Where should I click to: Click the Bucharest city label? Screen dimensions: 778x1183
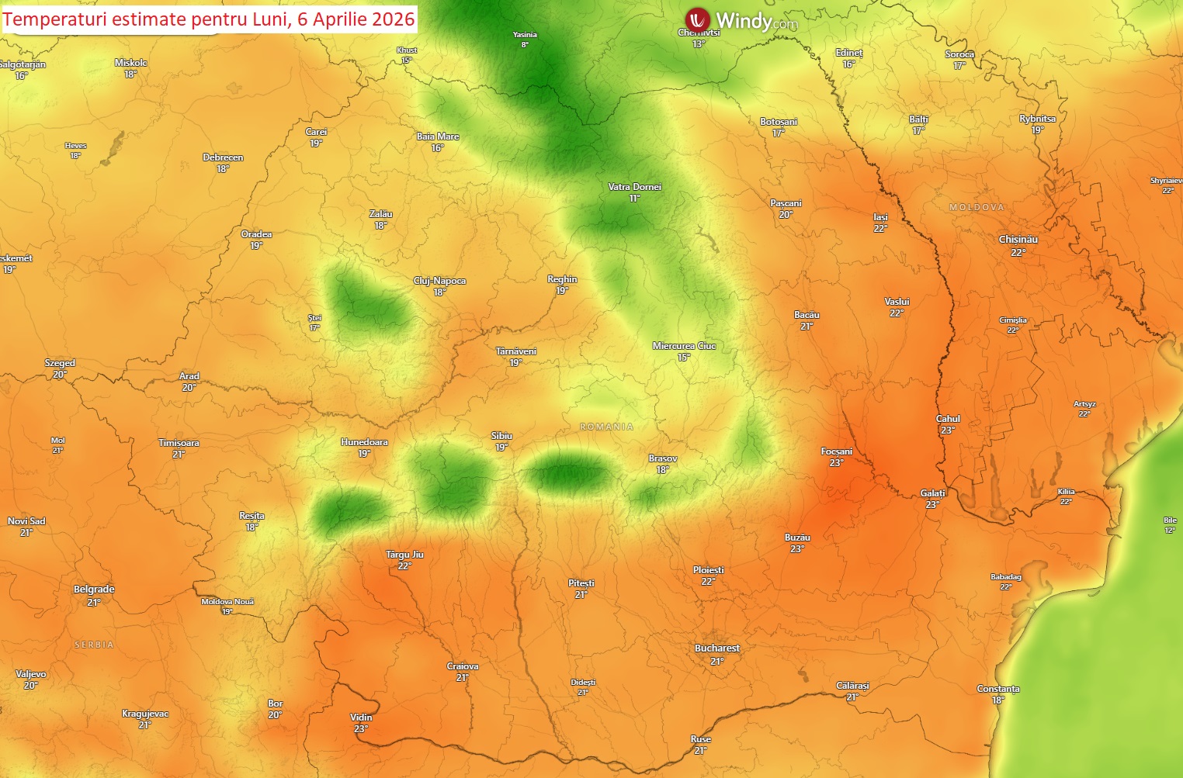point(716,648)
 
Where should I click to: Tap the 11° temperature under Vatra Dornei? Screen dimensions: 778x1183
point(634,199)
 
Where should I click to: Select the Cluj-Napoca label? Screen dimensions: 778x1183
point(439,281)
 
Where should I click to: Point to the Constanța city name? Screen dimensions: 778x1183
point(998,689)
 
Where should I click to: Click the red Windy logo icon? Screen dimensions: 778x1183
point(697,20)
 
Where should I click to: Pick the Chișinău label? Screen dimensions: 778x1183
point(1018,240)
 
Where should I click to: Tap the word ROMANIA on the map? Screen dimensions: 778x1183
point(606,427)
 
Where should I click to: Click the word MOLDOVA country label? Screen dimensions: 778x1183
point(977,207)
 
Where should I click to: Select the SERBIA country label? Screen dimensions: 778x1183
point(94,645)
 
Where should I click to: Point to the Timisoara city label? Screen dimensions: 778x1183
point(179,443)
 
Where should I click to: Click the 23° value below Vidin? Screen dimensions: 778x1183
point(361,729)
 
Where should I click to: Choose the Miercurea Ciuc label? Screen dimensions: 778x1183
point(684,346)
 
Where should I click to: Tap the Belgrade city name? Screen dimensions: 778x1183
point(94,590)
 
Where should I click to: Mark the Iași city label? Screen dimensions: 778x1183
point(880,217)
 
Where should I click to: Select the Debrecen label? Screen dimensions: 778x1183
point(223,157)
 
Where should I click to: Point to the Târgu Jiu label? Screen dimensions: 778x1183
point(404,555)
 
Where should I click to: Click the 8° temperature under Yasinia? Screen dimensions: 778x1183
point(525,45)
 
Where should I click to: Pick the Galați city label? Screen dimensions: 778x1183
point(932,493)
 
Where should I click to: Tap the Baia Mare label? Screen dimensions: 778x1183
point(438,137)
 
